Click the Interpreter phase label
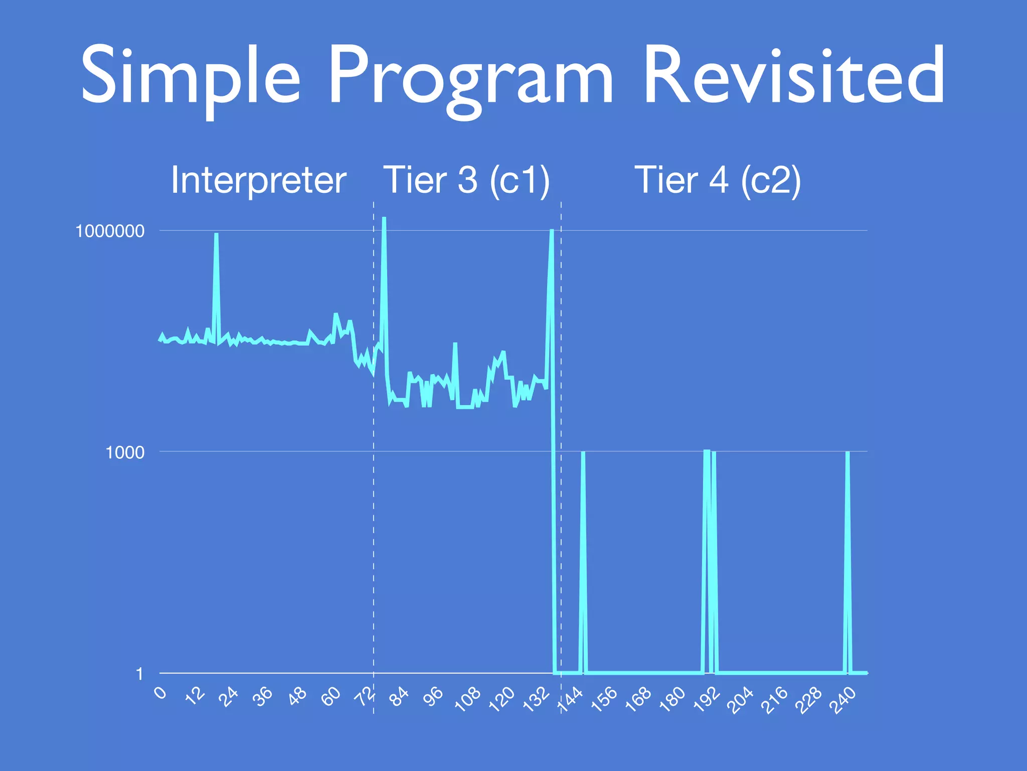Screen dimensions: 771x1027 [258, 180]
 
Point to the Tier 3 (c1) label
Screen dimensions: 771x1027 [467, 180]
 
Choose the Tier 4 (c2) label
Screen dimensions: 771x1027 [718, 180]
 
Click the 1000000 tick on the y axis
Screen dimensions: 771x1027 [110, 231]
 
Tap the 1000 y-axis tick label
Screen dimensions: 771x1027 [125, 453]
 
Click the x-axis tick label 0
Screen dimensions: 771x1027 [160, 693]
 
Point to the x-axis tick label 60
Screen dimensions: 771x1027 [331, 697]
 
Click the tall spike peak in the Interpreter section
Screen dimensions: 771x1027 [216, 234]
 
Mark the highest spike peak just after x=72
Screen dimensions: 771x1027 [384, 218]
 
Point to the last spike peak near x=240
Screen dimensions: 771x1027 [847, 453]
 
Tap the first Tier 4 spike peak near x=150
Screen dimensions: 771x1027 [583, 453]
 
